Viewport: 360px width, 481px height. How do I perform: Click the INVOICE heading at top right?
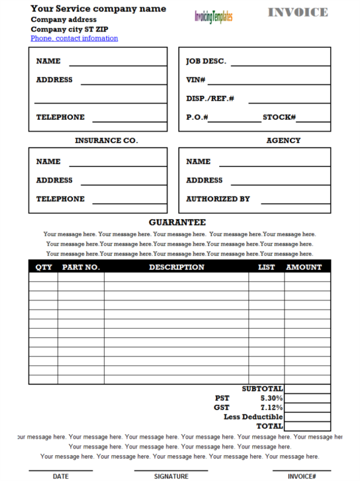[298, 13]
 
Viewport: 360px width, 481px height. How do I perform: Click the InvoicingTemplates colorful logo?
[213, 17]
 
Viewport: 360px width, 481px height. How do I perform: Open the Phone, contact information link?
[74, 38]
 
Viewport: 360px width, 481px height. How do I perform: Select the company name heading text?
[98, 9]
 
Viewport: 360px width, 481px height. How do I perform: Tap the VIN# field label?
[196, 80]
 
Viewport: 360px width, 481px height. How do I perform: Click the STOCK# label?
[279, 117]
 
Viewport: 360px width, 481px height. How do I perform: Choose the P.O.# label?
[196, 117]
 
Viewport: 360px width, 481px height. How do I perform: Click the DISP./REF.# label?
[210, 99]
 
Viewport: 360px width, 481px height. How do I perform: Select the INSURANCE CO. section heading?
[106, 141]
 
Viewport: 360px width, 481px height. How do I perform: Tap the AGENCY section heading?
[283, 141]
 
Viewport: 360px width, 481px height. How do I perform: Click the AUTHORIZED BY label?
[217, 199]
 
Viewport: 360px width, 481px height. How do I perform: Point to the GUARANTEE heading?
[177, 222]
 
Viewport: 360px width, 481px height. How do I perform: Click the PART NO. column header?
[81, 267]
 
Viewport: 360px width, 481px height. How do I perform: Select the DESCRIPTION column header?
[176, 267]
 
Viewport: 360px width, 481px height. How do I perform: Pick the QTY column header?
[44, 267]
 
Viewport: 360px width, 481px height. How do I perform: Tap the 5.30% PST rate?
[271, 398]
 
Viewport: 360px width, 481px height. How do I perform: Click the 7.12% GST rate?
[271, 407]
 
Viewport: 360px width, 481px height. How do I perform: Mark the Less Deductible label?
[253, 417]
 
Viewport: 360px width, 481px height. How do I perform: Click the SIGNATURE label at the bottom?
[171, 477]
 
